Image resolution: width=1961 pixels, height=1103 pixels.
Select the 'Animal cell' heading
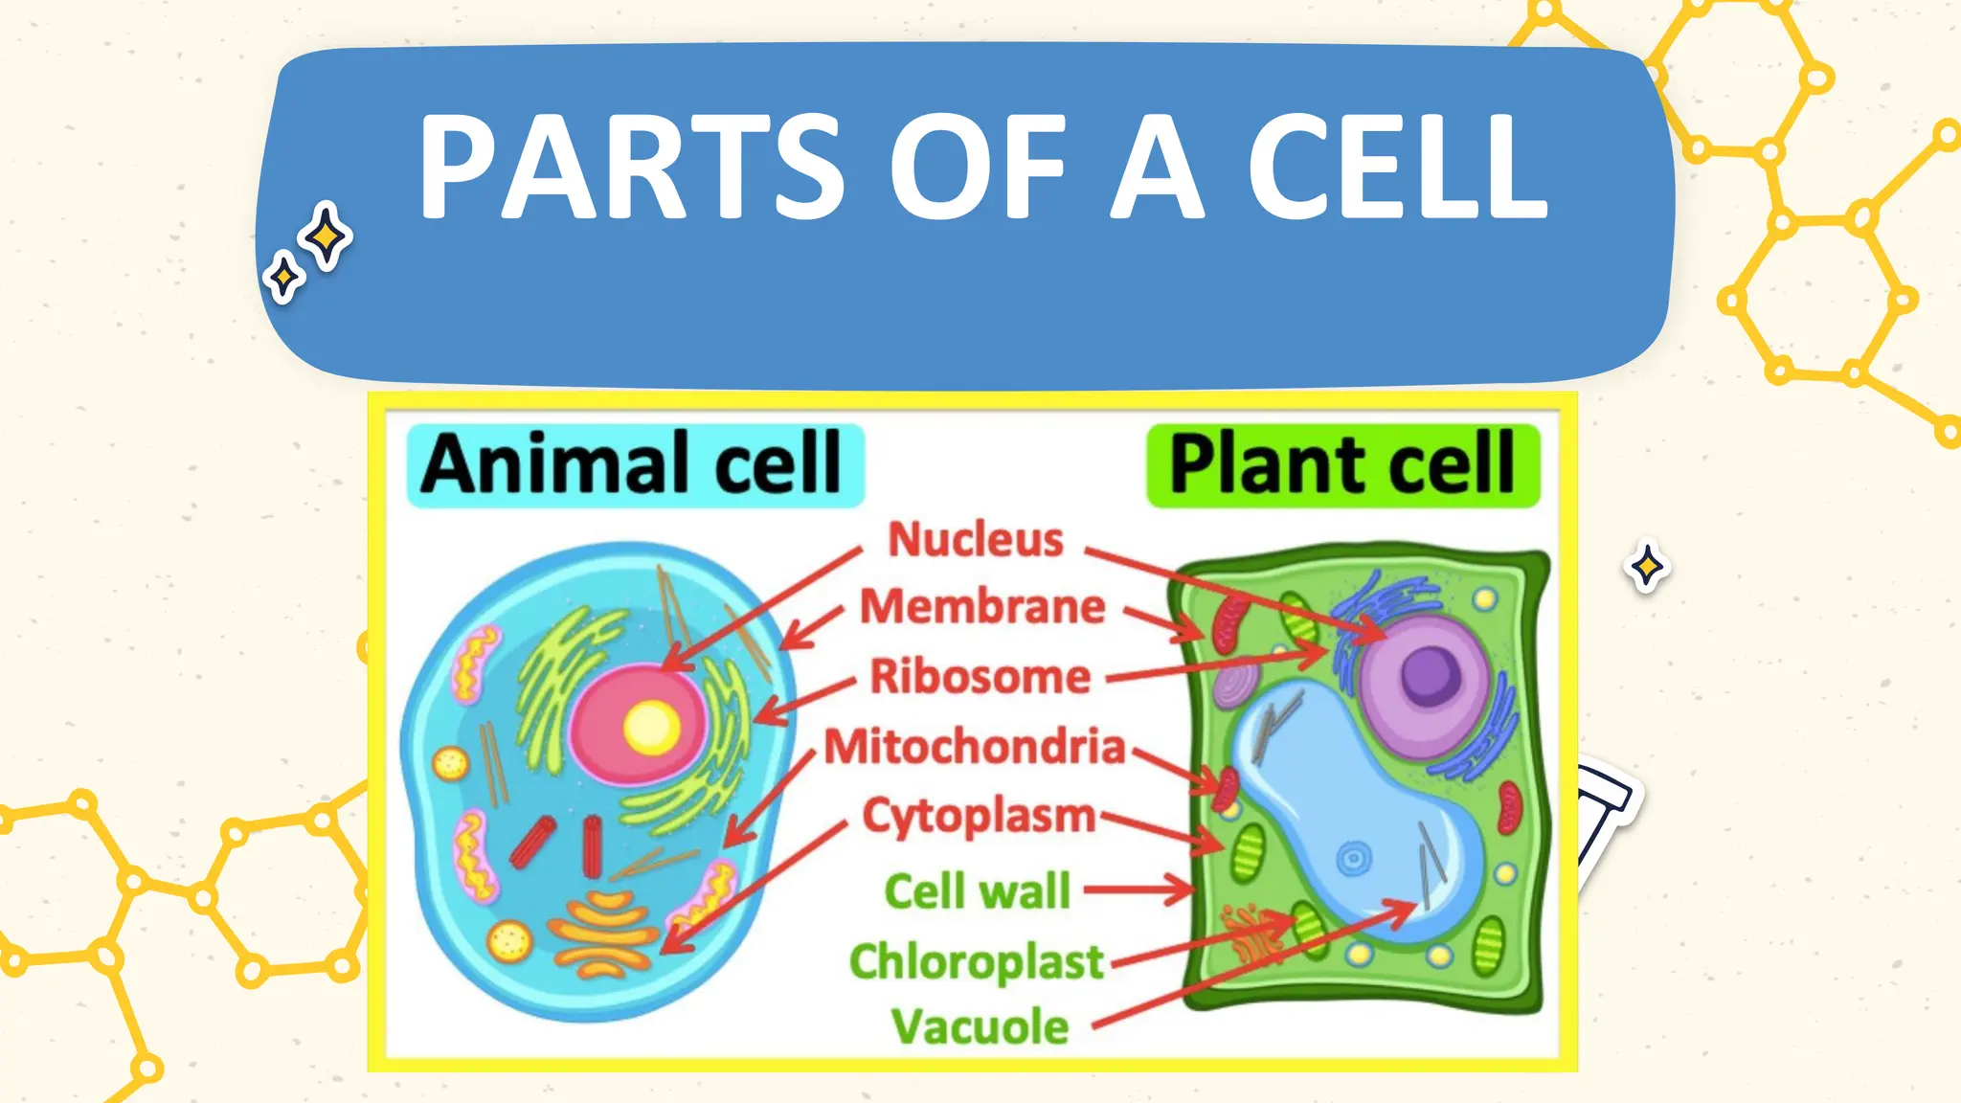pyautogui.click(x=632, y=464)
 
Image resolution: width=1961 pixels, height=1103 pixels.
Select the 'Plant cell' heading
pyautogui.click(x=1342, y=465)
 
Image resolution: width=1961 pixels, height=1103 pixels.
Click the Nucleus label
pyautogui.click(x=976, y=539)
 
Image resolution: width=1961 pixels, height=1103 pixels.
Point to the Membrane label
pyautogui.click(x=982, y=607)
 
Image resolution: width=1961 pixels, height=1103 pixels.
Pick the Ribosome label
pyautogui.click(x=980, y=676)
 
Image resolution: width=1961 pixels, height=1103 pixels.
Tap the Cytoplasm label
pyautogui.click(x=979, y=817)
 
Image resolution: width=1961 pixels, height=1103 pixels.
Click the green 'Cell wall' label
pyautogui.click(x=977, y=891)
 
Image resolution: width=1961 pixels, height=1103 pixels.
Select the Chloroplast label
pyautogui.click(x=977, y=961)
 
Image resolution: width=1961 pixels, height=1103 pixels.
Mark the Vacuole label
pyautogui.click(x=980, y=1027)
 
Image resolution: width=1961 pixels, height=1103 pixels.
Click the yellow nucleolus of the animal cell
pyautogui.click(x=652, y=728)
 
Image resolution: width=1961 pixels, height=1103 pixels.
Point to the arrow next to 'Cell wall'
pyautogui.click(x=1139, y=890)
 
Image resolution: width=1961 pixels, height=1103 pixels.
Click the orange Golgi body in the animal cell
pyautogui.click(x=603, y=934)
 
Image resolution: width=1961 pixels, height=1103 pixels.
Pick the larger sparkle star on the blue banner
pyautogui.click(x=326, y=236)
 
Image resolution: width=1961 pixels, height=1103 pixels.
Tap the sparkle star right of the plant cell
pyautogui.click(x=1647, y=567)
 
